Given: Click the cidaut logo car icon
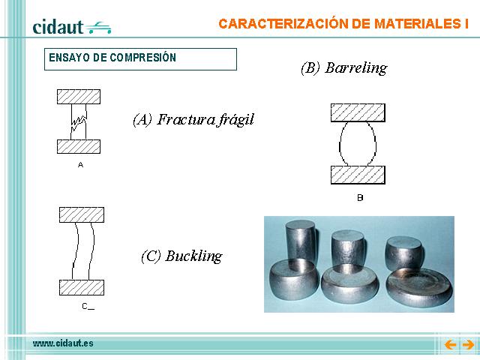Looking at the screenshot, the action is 98,28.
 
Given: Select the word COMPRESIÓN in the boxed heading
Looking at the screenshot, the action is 143,57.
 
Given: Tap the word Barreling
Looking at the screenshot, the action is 356,68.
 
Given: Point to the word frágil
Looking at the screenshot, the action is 235,119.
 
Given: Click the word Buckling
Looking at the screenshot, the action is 193,256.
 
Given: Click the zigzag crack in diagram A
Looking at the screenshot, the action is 79,120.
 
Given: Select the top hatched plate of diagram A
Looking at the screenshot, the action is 79,97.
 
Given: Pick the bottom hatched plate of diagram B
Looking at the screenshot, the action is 358,175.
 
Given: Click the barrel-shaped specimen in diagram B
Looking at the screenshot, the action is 340,144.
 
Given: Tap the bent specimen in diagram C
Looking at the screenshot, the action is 76,251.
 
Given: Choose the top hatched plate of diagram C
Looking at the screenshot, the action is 82,215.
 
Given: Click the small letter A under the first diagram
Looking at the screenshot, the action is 80,165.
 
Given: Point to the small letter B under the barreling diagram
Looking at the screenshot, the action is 360,198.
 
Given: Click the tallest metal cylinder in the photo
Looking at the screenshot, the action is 300,241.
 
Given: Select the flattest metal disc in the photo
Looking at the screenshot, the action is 418,286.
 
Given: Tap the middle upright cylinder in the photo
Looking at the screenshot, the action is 348,247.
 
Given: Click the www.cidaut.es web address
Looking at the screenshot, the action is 63,343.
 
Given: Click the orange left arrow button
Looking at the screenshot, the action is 450,345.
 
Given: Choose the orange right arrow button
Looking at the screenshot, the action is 468,345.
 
